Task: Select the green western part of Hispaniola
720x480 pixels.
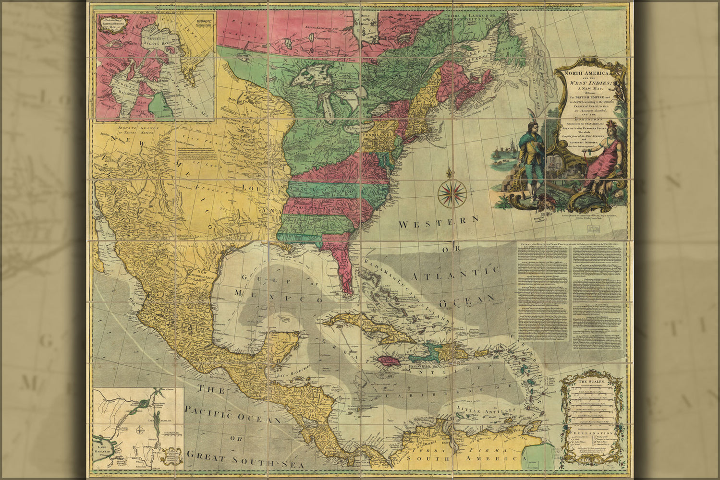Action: (423, 356)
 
